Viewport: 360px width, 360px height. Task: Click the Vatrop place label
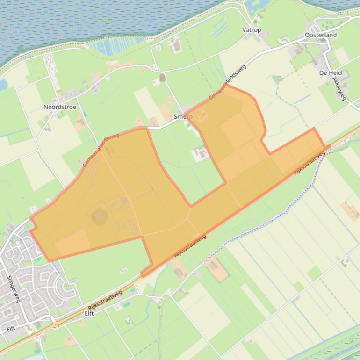[x=252, y=30]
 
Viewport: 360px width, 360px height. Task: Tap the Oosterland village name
[x=320, y=35]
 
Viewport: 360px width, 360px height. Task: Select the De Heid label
[x=331, y=73]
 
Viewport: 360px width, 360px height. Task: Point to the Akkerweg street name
[x=338, y=88]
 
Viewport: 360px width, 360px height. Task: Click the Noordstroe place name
[x=60, y=107]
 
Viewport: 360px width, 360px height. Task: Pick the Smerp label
[x=183, y=117]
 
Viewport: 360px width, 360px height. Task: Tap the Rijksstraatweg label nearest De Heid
[x=309, y=163]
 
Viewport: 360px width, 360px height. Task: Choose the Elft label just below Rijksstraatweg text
[x=89, y=314]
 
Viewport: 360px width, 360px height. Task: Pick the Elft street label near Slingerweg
[x=11, y=329]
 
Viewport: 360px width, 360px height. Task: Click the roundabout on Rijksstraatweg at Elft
[x=57, y=324]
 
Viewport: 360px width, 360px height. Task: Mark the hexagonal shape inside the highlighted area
[x=100, y=216]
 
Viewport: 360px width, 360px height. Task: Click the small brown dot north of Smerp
[x=162, y=78]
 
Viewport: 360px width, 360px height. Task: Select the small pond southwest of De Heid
[x=277, y=78]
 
